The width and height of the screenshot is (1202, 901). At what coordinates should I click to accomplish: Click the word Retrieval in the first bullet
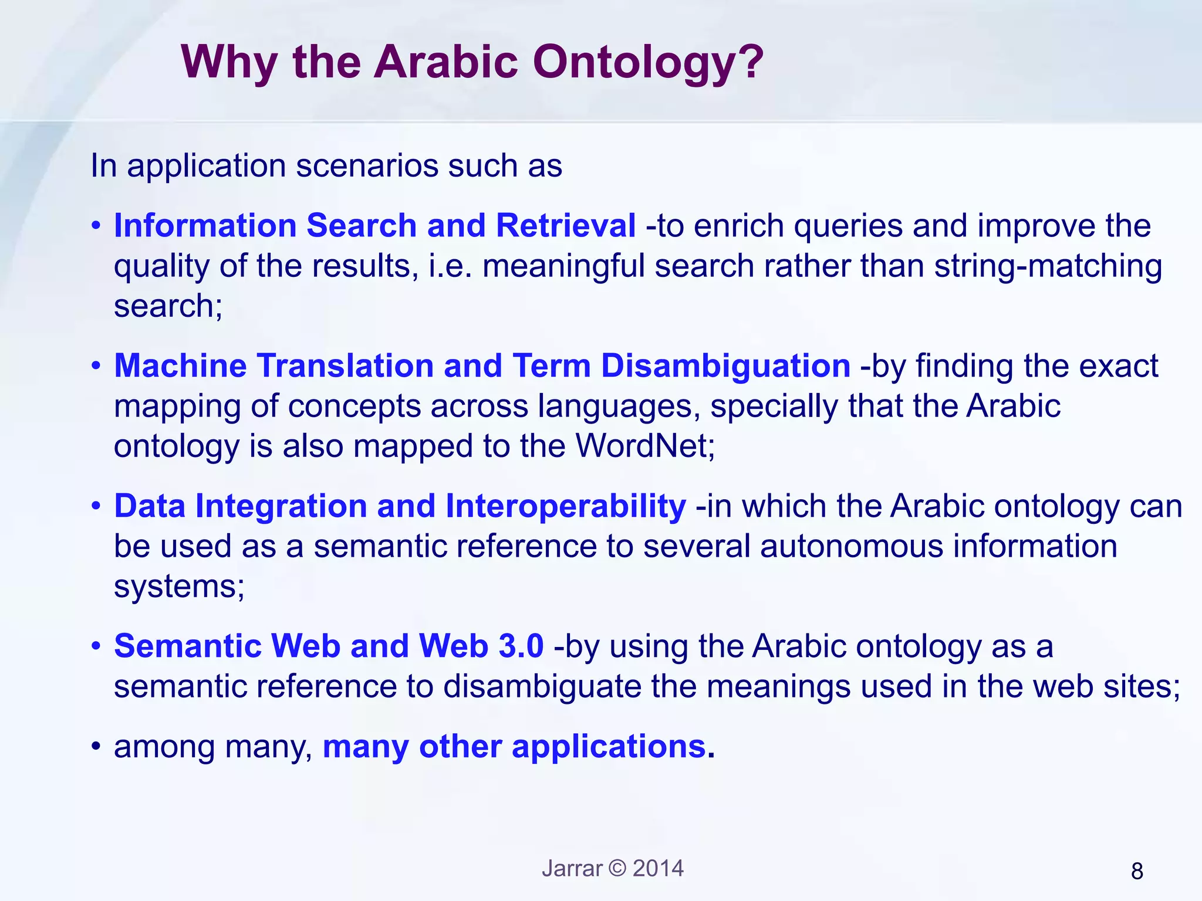pyautogui.click(x=565, y=225)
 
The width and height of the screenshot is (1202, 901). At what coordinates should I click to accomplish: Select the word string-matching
pyautogui.click(x=1048, y=266)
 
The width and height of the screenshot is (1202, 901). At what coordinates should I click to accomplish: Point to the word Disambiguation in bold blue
pyautogui.click(x=725, y=365)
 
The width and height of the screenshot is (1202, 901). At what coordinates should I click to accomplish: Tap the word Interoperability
pyautogui.click(x=565, y=506)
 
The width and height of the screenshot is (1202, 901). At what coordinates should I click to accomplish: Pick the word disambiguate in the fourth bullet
pyautogui.click(x=542, y=686)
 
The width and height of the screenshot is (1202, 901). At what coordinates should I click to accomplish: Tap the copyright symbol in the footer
pyautogui.click(x=617, y=868)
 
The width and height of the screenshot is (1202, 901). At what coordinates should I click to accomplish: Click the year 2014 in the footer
pyautogui.click(x=658, y=868)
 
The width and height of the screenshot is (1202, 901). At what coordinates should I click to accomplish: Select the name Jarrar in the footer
pyautogui.click(x=572, y=868)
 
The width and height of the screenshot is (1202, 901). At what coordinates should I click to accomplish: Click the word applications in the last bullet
pyautogui.click(x=609, y=747)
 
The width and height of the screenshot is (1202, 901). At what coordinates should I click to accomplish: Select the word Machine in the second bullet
pyautogui.click(x=180, y=365)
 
